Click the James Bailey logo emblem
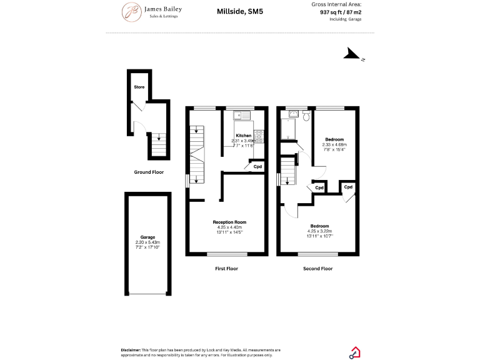pyautogui.click(x=131, y=11)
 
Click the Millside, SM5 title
pyautogui.click(x=236, y=11)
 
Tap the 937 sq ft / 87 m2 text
pyautogui.click(x=341, y=11)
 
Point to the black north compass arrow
pyautogui.click(x=351, y=55)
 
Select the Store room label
pyautogui.click(x=139, y=87)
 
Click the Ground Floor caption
pyautogui.click(x=149, y=172)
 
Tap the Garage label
pyautogui.click(x=147, y=237)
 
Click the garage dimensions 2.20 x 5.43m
pyautogui.click(x=147, y=242)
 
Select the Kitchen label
pyautogui.click(x=243, y=136)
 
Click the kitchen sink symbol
pyautogui.click(x=241, y=115)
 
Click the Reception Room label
pyautogui.click(x=229, y=222)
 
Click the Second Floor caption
pyautogui.click(x=318, y=269)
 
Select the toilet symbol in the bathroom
pyautogui.click(x=306, y=117)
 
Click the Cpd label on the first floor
pyautogui.click(x=257, y=166)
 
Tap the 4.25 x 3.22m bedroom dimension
pyautogui.click(x=319, y=231)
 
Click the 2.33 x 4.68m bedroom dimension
pyautogui.click(x=335, y=144)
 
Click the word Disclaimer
pyautogui.click(x=133, y=350)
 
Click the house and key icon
pyautogui.click(x=354, y=352)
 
